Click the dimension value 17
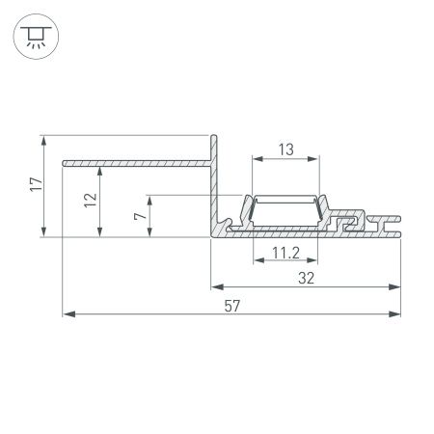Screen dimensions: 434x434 tap(34, 185)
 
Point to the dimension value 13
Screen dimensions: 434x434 tap(285, 149)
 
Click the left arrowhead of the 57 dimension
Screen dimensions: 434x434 tap(67, 313)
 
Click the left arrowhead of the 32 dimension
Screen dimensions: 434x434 tap(215, 286)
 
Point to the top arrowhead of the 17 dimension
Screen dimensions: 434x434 tap(44, 141)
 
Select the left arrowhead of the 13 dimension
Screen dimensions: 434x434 tap(256, 159)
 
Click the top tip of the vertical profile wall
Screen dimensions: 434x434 tap(215, 139)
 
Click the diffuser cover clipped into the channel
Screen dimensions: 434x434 tap(285, 199)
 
